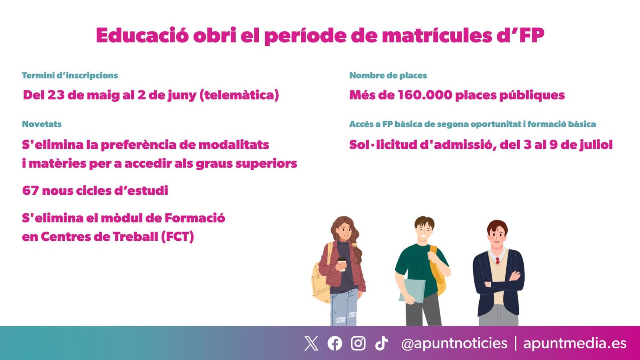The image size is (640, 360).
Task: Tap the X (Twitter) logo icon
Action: pyautogui.click(x=311, y=343)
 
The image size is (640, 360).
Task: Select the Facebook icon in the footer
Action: pyautogui.click(x=335, y=343)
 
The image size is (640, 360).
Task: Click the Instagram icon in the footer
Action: pyautogui.click(x=358, y=343)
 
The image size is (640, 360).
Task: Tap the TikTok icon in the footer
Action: pyautogui.click(x=381, y=343)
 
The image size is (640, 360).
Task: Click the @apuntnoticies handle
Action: pyautogui.click(x=454, y=343)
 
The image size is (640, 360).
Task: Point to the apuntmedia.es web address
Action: pyautogui.click(x=575, y=343)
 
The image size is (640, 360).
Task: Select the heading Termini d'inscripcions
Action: pyautogui.click(x=70, y=75)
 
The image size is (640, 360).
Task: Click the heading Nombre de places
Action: pyautogui.click(x=388, y=75)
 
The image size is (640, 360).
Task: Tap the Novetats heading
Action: pyautogui.click(x=42, y=124)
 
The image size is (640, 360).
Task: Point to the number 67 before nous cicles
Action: pyautogui.click(x=30, y=190)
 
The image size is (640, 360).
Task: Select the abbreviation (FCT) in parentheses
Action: pyautogui.click(x=178, y=237)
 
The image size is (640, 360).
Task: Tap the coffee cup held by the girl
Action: pyautogui.click(x=342, y=264)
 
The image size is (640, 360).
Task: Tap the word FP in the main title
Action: pyautogui.click(x=532, y=35)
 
